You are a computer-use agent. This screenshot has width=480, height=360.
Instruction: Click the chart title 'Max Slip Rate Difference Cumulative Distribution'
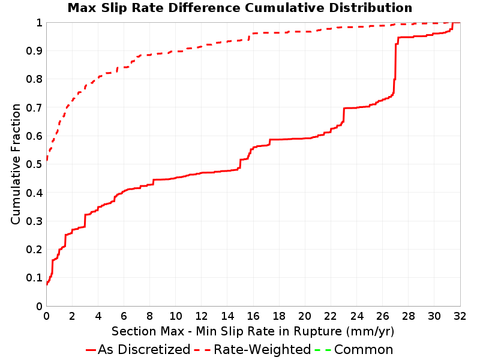(239, 8)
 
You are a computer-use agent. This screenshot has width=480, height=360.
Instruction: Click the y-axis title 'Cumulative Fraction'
(16, 164)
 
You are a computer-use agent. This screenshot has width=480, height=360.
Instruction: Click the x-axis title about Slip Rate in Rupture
(253, 331)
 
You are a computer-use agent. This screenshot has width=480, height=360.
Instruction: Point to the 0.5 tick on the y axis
(34, 164)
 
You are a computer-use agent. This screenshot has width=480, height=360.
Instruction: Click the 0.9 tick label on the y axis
(34, 51)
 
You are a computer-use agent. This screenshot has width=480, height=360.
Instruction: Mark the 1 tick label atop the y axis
(39, 23)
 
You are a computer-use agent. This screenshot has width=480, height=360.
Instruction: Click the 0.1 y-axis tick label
(34, 278)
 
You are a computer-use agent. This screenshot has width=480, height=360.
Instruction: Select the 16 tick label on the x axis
(253, 316)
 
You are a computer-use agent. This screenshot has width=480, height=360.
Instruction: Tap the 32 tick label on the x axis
(460, 316)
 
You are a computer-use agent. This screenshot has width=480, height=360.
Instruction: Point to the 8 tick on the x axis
(149, 316)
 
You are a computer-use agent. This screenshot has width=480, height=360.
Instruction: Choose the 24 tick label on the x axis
(356, 316)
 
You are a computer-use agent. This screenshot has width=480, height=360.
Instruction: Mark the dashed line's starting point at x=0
(47, 160)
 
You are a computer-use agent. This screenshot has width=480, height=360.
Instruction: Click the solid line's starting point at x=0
(47, 284)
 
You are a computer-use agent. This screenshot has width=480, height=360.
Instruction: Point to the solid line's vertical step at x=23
(344, 115)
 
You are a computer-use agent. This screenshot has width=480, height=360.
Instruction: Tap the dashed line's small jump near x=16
(249, 37)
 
